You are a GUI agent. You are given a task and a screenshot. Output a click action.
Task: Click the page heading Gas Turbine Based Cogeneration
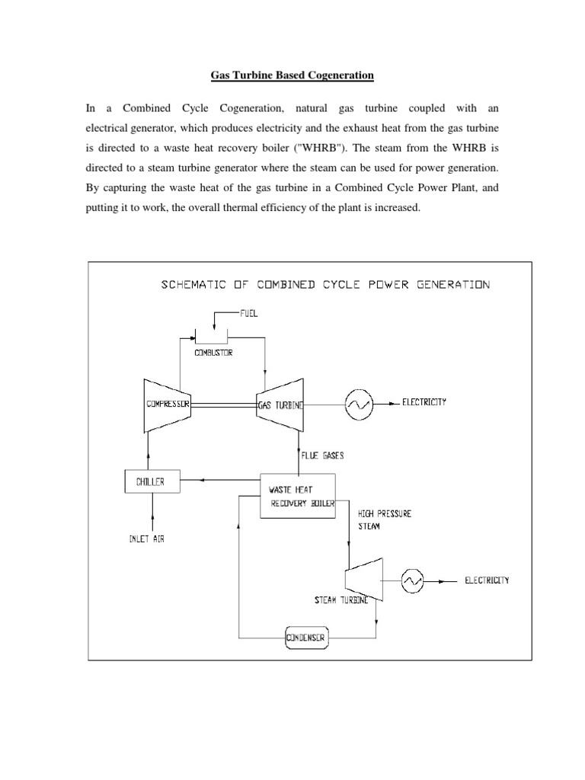coord(292,75)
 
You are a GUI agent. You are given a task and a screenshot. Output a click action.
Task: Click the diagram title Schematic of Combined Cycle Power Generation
coord(324,285)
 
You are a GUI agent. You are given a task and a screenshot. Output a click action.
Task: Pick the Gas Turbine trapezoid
coord(280,404)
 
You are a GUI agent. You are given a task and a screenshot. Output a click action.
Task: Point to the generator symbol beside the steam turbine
coord(412,581)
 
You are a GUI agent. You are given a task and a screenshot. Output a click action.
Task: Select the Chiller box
coord(149,481)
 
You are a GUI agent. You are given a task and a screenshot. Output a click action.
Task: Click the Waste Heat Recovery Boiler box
coord(298,496)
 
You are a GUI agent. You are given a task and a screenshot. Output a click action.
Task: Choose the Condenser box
coord(305,638)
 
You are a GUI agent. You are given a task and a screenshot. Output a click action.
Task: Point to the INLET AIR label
coord(146,539)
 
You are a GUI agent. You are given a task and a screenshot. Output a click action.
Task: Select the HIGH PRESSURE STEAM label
coord(385,519)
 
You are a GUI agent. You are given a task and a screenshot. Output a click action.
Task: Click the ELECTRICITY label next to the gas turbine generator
coord(424,402)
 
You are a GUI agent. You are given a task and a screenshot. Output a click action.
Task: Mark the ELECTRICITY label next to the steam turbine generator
coord(487,580)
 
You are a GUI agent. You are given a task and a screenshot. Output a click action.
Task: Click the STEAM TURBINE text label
coord(341,600)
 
